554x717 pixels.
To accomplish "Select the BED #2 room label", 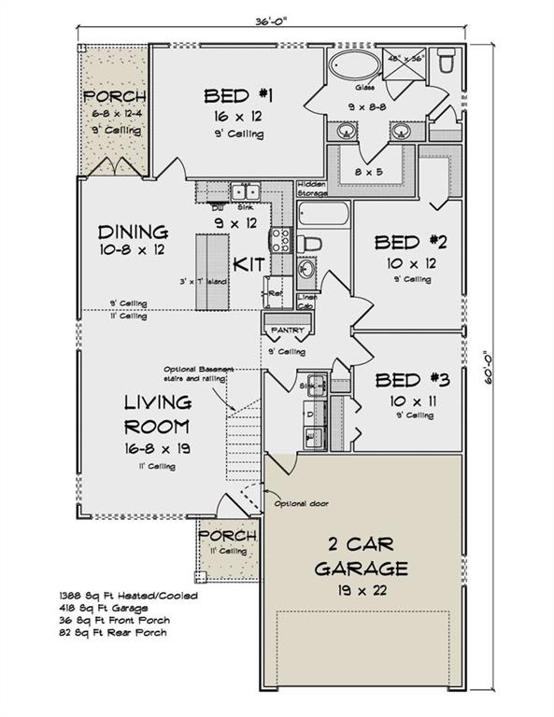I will (x=411, y=244).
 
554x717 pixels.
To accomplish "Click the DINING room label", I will (x=133, y=232).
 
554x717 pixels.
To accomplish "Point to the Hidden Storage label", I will (x=311, y=188).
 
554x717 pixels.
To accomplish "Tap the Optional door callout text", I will (x=299, y=504).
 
